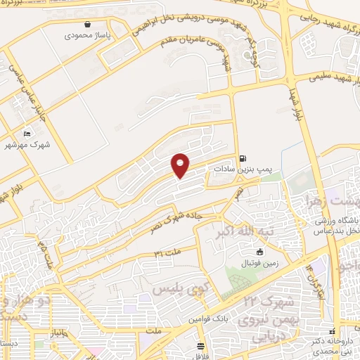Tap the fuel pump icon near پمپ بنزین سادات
[243, 158]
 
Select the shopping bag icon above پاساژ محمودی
[86, 23]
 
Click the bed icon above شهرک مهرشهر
[27, 134]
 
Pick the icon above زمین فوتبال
[260, 252]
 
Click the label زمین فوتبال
[260, 262]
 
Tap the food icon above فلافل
[200, 345]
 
